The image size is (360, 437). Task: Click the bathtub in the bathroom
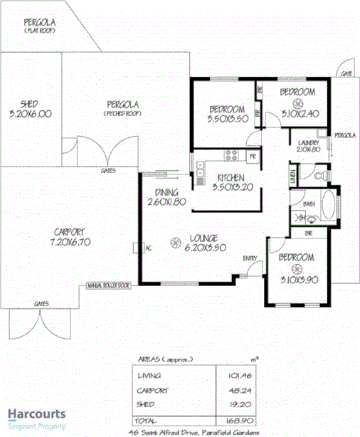[329, 206]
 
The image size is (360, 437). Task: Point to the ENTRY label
[250, 258]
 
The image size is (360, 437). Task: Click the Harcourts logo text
[37, 413]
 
